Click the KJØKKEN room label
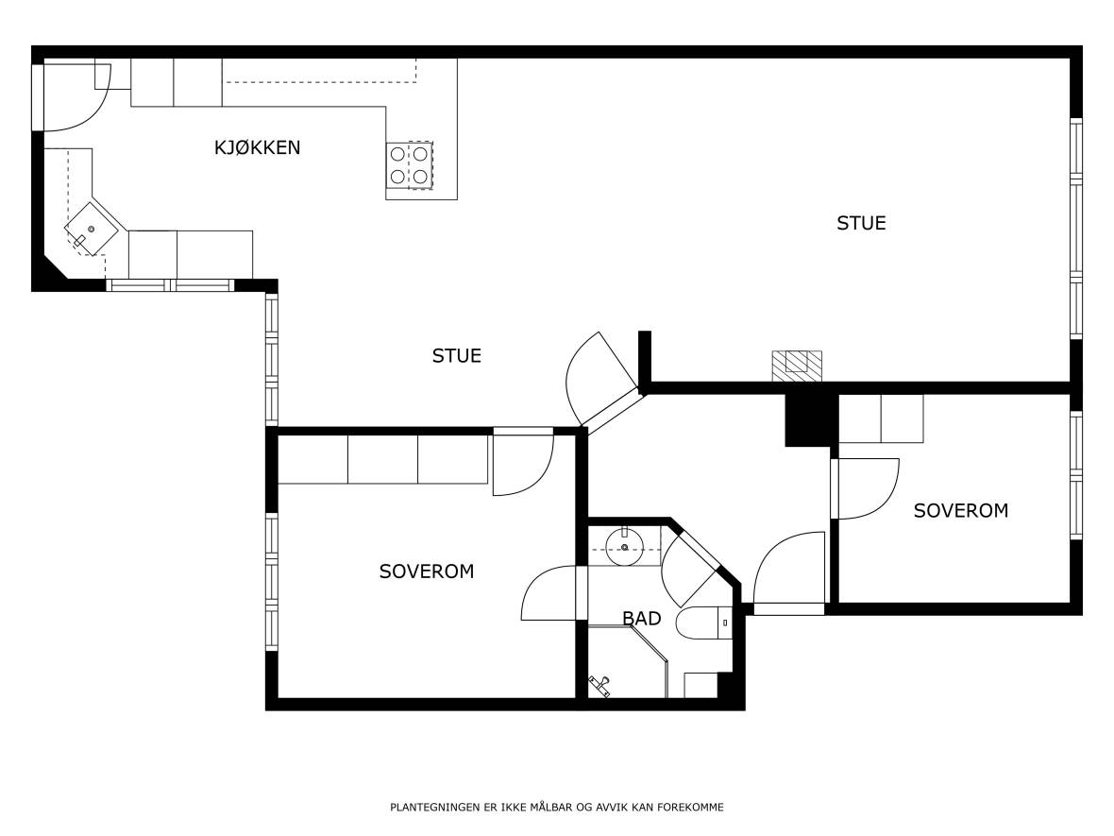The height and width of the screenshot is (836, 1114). (257, 147)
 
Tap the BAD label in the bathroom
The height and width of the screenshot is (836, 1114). (642, 619)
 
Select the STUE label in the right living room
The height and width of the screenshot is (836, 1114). (861, 223)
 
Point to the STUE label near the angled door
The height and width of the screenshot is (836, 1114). (457, 355)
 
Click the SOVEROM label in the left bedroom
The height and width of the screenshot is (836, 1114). (427, 572)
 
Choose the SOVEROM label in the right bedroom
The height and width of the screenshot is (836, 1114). (960, 510)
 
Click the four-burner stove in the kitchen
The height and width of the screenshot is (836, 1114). (410, 165)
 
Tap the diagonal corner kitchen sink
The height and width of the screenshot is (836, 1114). (91, 229)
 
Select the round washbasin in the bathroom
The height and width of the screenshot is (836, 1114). (624, 546)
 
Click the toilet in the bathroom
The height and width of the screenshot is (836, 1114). (704, 623)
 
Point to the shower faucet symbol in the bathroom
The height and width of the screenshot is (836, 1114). (600, 685)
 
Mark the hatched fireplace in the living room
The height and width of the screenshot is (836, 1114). (797, 367)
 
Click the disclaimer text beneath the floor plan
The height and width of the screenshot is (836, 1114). (557, 807)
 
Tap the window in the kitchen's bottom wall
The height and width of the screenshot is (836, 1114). (171, 285)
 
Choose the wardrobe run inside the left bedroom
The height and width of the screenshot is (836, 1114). (382, 459)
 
